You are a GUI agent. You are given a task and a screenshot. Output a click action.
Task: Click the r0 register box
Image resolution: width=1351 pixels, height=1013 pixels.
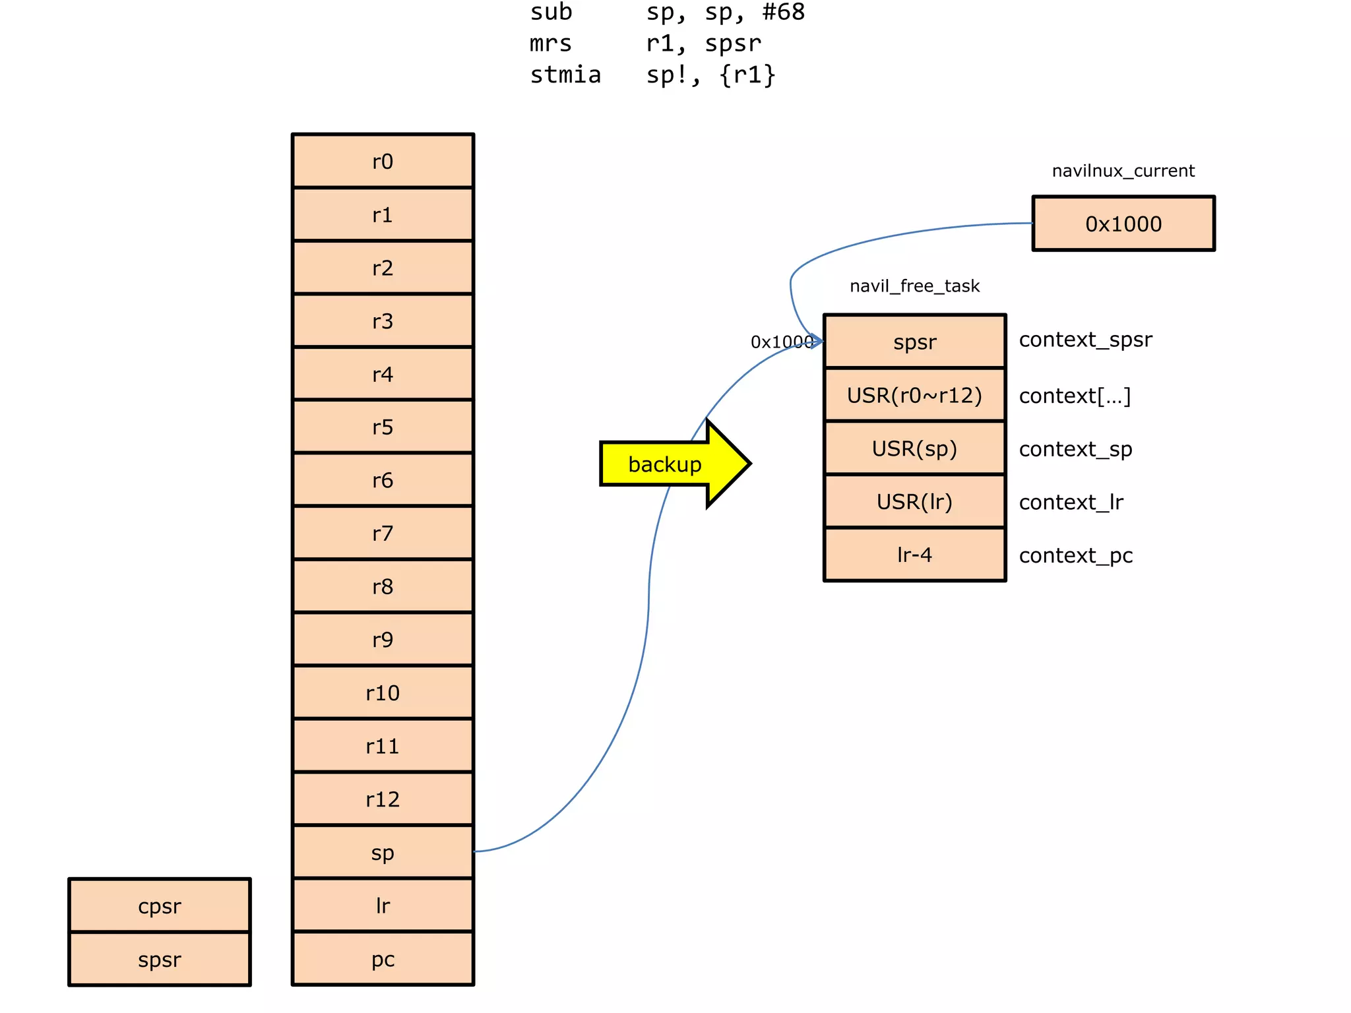tap(383, 162)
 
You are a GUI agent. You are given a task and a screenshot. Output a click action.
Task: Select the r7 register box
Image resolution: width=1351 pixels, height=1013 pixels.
tap(383, 533)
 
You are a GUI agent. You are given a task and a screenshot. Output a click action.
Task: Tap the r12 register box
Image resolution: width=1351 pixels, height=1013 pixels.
tap(383, 799)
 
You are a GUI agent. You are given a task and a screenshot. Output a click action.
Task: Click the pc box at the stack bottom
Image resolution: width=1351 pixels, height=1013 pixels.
tap(383, 959)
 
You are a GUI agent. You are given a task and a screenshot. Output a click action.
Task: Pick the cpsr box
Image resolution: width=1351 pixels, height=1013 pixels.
tap(160, 906)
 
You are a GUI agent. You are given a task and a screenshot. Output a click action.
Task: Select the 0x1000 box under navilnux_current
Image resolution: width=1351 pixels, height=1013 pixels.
tap(1123, 224)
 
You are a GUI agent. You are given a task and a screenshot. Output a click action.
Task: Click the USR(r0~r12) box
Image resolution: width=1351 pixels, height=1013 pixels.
tap(914, 395)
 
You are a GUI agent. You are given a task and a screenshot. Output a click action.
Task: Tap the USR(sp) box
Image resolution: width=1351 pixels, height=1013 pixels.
tap(914, 448)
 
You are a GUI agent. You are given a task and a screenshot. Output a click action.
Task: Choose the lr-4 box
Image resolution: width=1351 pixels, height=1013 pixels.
tap(914, 555)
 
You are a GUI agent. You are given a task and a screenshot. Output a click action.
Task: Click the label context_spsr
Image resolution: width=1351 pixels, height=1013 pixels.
tap(1085, 340)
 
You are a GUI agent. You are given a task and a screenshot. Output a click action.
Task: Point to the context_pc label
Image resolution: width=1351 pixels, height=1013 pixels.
tap(1075, 555)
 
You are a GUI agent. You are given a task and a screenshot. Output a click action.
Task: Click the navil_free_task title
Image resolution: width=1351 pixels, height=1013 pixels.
tap(914, 286)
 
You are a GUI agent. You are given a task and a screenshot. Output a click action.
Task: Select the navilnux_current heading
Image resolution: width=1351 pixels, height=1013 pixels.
tap(1123, 171)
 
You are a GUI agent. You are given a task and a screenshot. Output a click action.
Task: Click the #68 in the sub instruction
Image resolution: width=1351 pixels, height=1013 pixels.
tap(783, 13)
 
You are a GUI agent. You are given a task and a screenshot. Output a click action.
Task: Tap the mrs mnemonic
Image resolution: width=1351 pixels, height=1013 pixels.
tap(550, 44)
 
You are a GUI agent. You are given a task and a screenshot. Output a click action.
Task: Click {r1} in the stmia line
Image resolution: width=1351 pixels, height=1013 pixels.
tap(747, 75)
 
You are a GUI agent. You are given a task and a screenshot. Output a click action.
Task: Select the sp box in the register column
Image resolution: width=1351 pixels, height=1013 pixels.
tap(383, 853)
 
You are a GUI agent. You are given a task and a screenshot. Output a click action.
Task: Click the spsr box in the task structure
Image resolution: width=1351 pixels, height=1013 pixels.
tap(914, 342)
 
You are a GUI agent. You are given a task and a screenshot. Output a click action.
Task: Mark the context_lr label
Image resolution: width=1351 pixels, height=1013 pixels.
tap(1071, 503)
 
